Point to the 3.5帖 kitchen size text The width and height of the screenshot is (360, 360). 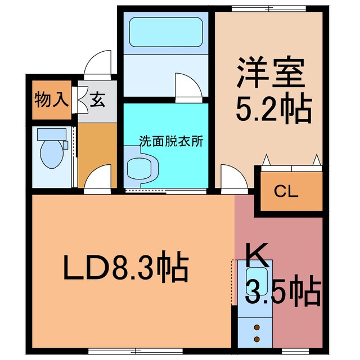pos(284,292)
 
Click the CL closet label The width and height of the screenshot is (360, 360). pos(286,192)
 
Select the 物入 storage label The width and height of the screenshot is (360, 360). pos(51,101)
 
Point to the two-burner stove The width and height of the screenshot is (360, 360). pos(258,332)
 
